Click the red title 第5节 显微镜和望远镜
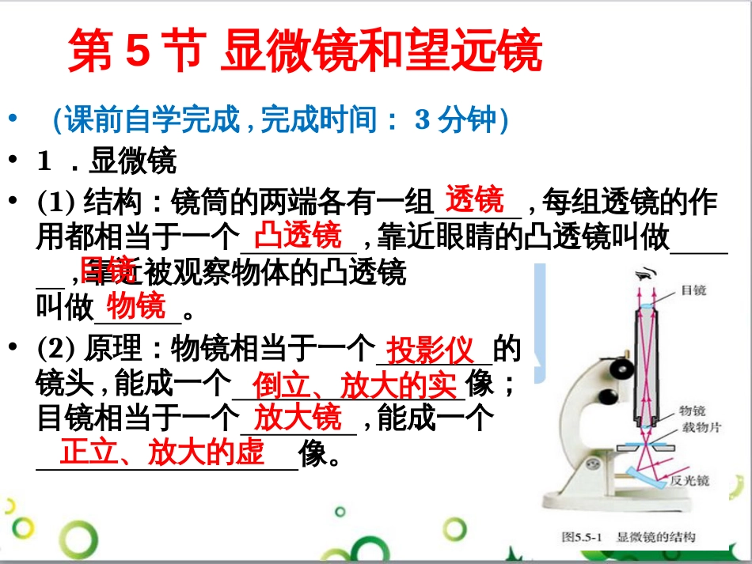305,53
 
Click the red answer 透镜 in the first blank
474,200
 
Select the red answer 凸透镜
298,236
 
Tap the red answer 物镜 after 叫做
136,305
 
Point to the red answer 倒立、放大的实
355,387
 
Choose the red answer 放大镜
298,417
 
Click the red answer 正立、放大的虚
162,453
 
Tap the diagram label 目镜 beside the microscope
693,290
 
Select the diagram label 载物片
697,427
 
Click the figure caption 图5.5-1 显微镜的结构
629,537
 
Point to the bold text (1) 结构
78,203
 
